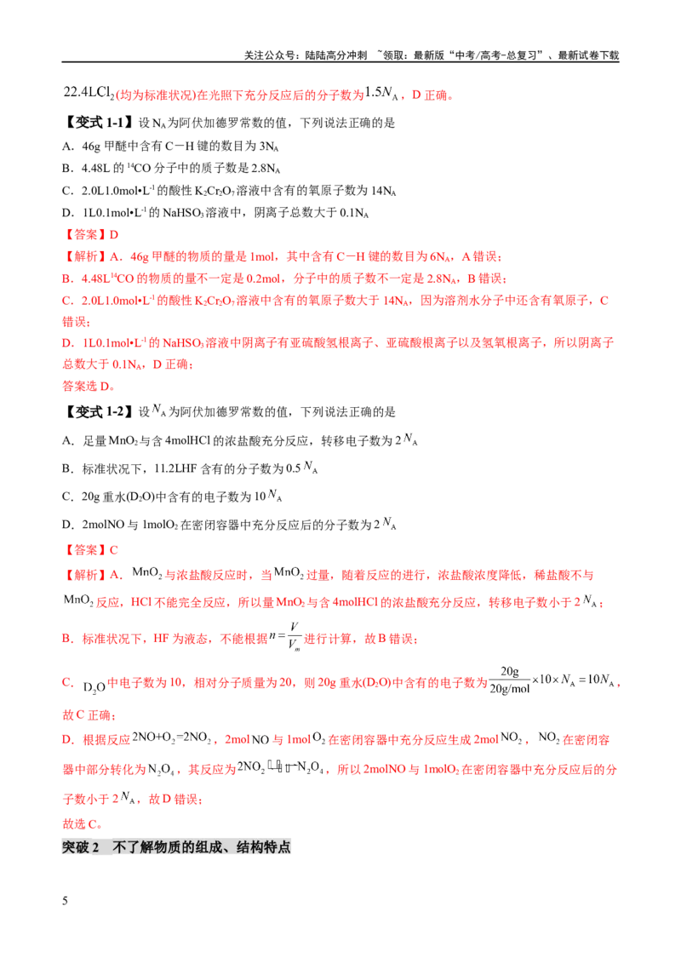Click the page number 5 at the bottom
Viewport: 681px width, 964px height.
pyautogui.click(x=66, y=901)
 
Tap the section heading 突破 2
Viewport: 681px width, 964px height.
pyautogui.click(x=81, y=847)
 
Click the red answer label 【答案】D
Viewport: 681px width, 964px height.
pyautogui.click(x=90, y=235)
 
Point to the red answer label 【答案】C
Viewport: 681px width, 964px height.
pyautogui.click(x=90, y=550)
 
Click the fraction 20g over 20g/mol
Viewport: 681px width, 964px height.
pyautogui.click(x=510, y=680)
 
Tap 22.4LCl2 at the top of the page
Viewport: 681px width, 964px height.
pyautogui.click(x=89, y=93)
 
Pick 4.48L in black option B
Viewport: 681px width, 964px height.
pyautogui.click(x=95, y=169)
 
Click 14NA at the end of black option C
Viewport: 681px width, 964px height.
pyautogui.click(x=384, y=192)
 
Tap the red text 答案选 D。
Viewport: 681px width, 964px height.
pyautogui.click(x=89, y=387)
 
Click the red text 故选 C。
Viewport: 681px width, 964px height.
pyautogui.click(x=83, y=824)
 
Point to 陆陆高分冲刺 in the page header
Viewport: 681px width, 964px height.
pyautogui.click(x=336, y=55)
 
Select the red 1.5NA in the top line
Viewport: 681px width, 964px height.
pyautogui.click(x=381, y=93)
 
